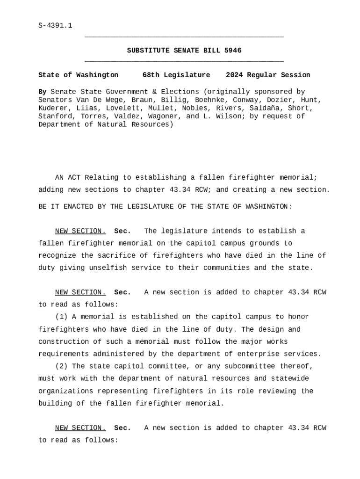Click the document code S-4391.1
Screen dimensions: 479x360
(55, 25)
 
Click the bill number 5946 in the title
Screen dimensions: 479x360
(233, 51)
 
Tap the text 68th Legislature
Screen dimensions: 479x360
(176, 75)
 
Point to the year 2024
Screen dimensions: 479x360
(234, 75)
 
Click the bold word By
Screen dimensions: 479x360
(42, 92)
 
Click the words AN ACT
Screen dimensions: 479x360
(68, 178)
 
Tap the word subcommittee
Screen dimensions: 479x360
(251, 366)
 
